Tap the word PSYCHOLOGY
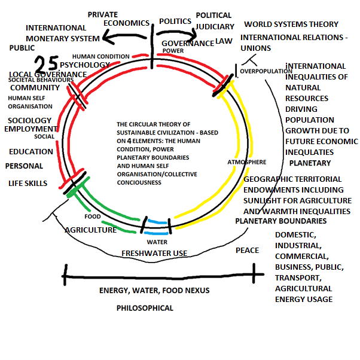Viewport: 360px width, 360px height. [85, 65]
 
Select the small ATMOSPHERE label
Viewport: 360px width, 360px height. [246, 162]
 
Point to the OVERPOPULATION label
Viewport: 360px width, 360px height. [266, 72]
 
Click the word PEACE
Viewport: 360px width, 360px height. [248, 250]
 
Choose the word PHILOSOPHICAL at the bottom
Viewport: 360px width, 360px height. [145, 308]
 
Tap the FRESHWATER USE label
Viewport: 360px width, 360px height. [155, 253]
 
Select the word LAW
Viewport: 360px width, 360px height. [224, 41]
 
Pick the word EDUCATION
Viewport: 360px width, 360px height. [32, 152]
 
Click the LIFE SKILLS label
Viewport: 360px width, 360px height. [28, 183]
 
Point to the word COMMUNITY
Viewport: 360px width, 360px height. [35, 87]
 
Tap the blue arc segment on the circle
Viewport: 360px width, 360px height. [157, 222]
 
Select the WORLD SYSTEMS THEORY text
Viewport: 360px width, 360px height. [291, 25]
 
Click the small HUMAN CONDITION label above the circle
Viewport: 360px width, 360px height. [109, 57]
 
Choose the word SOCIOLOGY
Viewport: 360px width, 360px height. [30, 121]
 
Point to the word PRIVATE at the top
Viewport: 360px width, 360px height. [103, 14]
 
